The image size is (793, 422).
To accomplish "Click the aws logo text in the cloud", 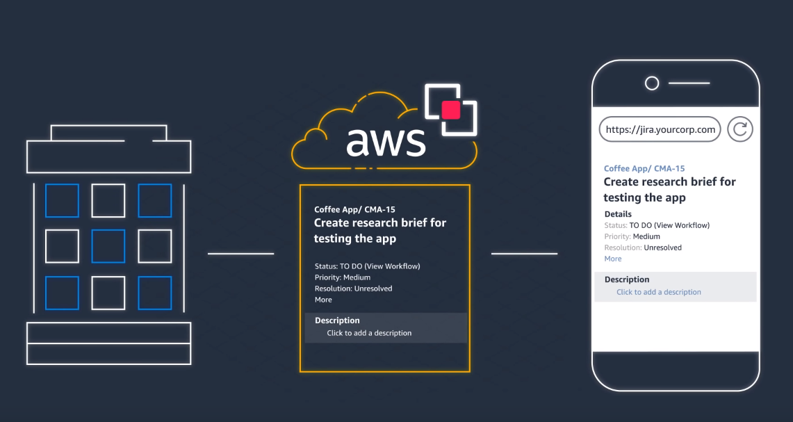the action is (x=386, y=140).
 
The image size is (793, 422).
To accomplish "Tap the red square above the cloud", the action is (x=450, y=110).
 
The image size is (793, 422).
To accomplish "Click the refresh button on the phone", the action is (x=740, y=129).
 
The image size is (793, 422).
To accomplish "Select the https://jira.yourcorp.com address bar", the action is (x=660, y=129).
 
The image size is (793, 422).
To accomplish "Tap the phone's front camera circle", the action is (x=652, y=83).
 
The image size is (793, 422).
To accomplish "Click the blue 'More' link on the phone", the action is (x=613, y=259).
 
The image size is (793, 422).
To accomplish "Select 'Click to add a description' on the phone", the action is (x=658, y=292).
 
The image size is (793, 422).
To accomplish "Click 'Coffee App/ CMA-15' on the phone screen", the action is (x=644, y=168).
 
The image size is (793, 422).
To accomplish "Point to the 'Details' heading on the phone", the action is (x=618, y=214).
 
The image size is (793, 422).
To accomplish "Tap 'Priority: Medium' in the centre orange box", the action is (x=343, y=277).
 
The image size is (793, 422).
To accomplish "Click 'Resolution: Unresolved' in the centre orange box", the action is (x=354, y=289).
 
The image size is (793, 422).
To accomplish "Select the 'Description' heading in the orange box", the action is (x=337, y=320).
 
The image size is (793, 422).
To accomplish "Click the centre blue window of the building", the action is (x=108, y=246).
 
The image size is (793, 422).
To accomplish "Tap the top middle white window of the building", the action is (x=108, y=201).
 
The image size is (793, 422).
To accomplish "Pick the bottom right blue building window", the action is (x=155, y=293).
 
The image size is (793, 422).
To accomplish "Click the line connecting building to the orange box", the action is (x=240, y=254).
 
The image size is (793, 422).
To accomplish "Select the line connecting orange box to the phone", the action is (x=525, y=254).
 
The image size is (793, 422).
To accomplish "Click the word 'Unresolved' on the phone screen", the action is (x=662, y=247).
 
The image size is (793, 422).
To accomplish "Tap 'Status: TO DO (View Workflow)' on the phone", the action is (x=657, y=225).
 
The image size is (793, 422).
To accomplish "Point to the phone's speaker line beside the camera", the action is (x=689, y=83).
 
